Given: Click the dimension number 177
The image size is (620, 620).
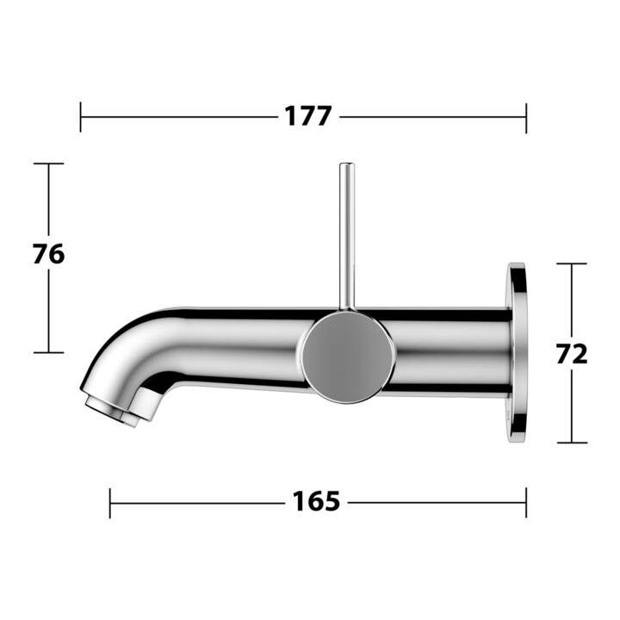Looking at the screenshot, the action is click(308, 116).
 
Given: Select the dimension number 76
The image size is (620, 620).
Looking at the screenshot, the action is click(48, 254).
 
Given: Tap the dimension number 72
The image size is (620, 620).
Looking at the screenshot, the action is click(572, 354).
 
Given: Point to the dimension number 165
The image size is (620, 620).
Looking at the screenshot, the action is click(316, 501).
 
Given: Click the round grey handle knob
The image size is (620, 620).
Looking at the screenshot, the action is click(348, 357).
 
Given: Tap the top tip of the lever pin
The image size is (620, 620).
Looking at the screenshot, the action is click(347, 164).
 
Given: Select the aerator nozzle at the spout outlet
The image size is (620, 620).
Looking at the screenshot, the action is click(111, 412).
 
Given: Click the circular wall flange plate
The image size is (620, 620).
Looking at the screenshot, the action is click(518, 353).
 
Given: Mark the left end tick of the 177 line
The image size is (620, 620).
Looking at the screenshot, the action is click(81, 117).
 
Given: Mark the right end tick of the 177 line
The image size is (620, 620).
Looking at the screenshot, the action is click(526, 118).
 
